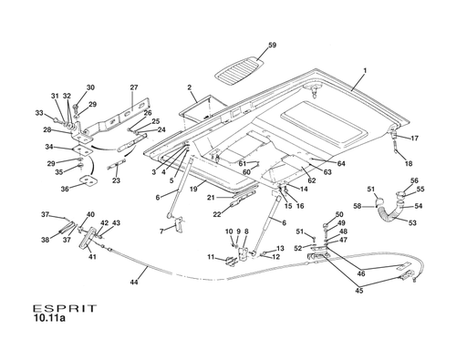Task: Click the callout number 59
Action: coord(273,46)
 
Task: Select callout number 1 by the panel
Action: coord(364,70)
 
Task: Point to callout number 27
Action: coord(133,88)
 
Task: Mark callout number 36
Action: coord(64,190)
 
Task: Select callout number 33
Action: coord(39,113)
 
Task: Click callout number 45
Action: coord(358,291)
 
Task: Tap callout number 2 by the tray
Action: coord(190,88)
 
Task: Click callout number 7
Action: coord(161,231)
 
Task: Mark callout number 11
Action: coord(211,258)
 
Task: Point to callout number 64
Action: coord(341,164)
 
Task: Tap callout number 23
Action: coord(116,181)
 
